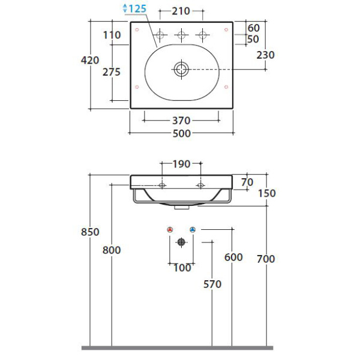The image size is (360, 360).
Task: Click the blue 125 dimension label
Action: pos(137,9)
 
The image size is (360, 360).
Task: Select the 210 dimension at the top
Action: pos(181,11)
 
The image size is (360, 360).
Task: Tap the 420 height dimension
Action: pos(90,61)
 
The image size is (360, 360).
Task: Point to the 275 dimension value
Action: pos(112,72)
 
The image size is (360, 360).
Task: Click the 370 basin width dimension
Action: pos(181,121)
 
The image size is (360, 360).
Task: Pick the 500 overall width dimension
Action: pos(182,133)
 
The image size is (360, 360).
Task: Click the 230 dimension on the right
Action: pos(265,55)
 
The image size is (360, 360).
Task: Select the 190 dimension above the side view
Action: pos(181,164)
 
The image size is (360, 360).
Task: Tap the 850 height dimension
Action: pos(90,232)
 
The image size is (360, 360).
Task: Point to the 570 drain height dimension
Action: pos(212,284)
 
